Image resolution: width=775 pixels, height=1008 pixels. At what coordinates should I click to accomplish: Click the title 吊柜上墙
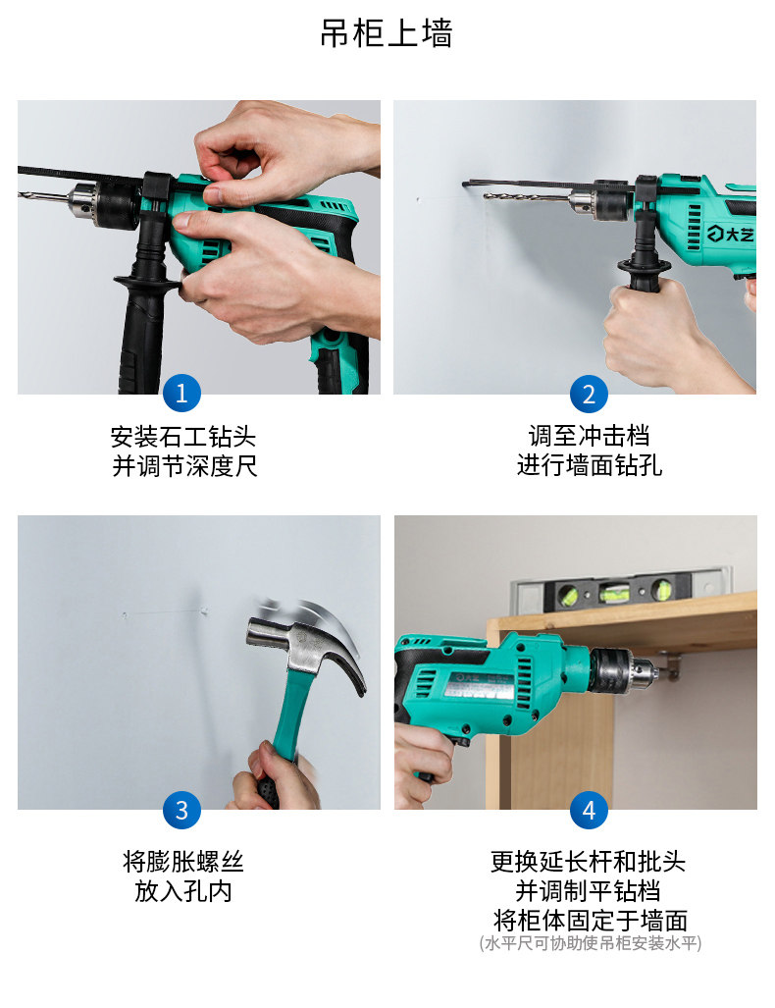387,33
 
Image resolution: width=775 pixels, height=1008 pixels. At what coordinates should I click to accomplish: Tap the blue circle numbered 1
181,394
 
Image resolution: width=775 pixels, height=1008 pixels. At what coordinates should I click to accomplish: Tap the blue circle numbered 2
589,394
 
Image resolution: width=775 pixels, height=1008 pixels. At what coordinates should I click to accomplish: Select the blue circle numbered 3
181,810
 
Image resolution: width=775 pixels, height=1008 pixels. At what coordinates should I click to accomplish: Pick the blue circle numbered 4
589,810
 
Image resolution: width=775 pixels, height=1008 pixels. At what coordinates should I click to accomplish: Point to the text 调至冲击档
589,436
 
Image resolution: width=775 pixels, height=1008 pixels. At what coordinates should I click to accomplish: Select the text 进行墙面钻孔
589,465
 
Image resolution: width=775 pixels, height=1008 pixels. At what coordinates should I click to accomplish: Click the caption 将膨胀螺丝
183,862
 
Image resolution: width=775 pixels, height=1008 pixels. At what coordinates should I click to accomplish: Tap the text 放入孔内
183,891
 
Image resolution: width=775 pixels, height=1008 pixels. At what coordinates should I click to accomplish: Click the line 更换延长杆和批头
589,862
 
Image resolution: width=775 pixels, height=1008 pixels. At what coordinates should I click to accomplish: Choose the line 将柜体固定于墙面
589,921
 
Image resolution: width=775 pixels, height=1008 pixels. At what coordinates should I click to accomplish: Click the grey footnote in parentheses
590,943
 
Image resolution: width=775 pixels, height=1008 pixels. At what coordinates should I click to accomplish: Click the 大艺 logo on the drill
731,236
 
